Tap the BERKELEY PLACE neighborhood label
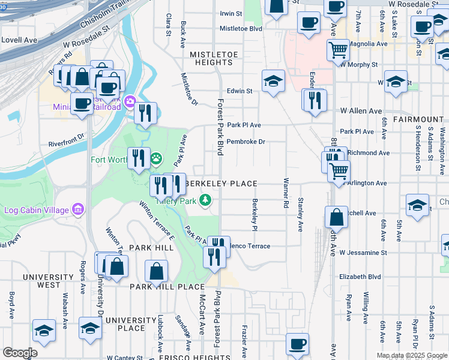222,183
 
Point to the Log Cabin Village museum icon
78,209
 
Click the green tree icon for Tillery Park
205,199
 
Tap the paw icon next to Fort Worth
157,159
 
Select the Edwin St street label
239,91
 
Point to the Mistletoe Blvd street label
241,28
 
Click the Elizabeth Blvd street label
360,277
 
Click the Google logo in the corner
20,353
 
